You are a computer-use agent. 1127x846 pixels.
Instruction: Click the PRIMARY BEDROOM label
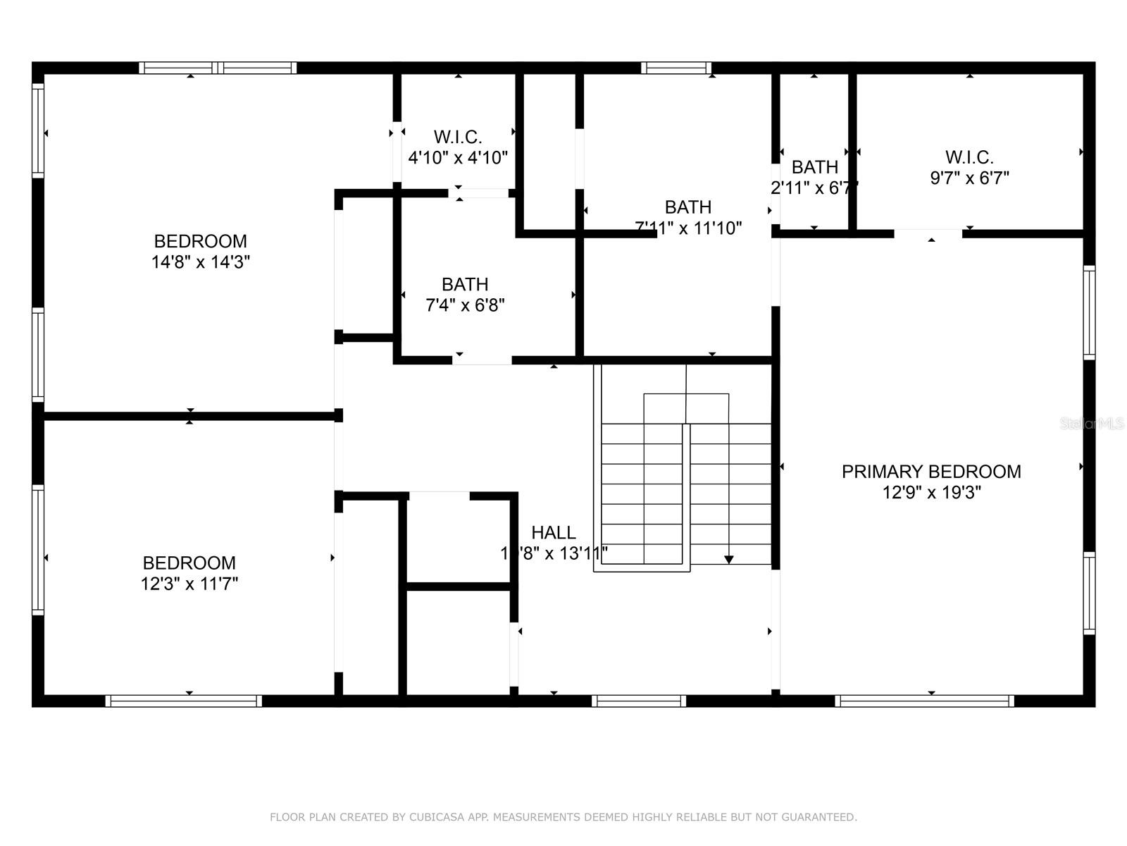click(x=931, y=472)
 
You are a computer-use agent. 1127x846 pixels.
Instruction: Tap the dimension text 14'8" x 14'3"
click(x=201, y=262)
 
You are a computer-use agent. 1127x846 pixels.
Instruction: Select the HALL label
click(x=553, y=532)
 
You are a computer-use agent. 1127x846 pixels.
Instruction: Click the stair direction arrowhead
click(x=729, y=560)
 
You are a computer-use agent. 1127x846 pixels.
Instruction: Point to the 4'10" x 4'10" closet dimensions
click(x=458, y=157)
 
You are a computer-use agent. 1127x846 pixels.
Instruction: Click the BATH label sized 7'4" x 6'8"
click(x=465, y=284)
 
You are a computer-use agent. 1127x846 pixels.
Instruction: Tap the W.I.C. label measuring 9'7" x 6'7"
click(x=969, y=157)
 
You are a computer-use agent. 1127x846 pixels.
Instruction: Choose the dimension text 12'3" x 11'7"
click(x=189, y=584)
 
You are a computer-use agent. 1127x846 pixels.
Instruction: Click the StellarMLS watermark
click(x=1092, y=424)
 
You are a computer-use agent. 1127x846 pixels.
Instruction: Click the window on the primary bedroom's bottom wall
click(x=924, y=701)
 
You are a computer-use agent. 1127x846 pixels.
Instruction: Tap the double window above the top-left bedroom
click(x=217, y=68)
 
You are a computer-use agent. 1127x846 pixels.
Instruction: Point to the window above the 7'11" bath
click(x=675, y=68)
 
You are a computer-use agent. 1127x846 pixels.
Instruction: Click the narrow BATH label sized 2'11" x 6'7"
click(x=815, y=167)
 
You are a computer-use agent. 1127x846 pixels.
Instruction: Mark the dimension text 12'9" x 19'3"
click(x=931, y=493)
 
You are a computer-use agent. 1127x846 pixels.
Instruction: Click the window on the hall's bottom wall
click(x=638, y=701)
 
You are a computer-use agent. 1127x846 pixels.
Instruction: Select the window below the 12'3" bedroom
click(x=183, y=701)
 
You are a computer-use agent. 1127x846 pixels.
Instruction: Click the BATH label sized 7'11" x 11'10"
click(x=688, y=207)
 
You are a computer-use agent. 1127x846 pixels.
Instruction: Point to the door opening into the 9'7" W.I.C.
click(x=928, y=233)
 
